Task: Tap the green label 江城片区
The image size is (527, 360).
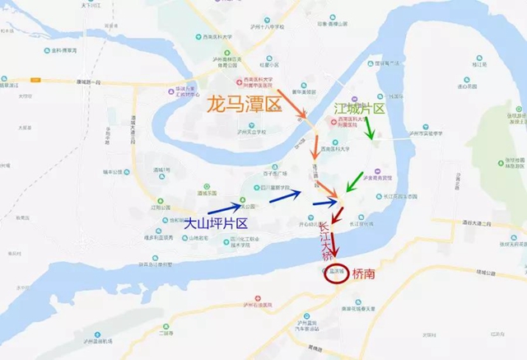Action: pos(360,108)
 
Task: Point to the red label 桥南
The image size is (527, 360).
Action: pos(363,274)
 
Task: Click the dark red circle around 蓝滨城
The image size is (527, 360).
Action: pos(335,274)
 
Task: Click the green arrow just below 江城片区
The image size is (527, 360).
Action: pos(370,128)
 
